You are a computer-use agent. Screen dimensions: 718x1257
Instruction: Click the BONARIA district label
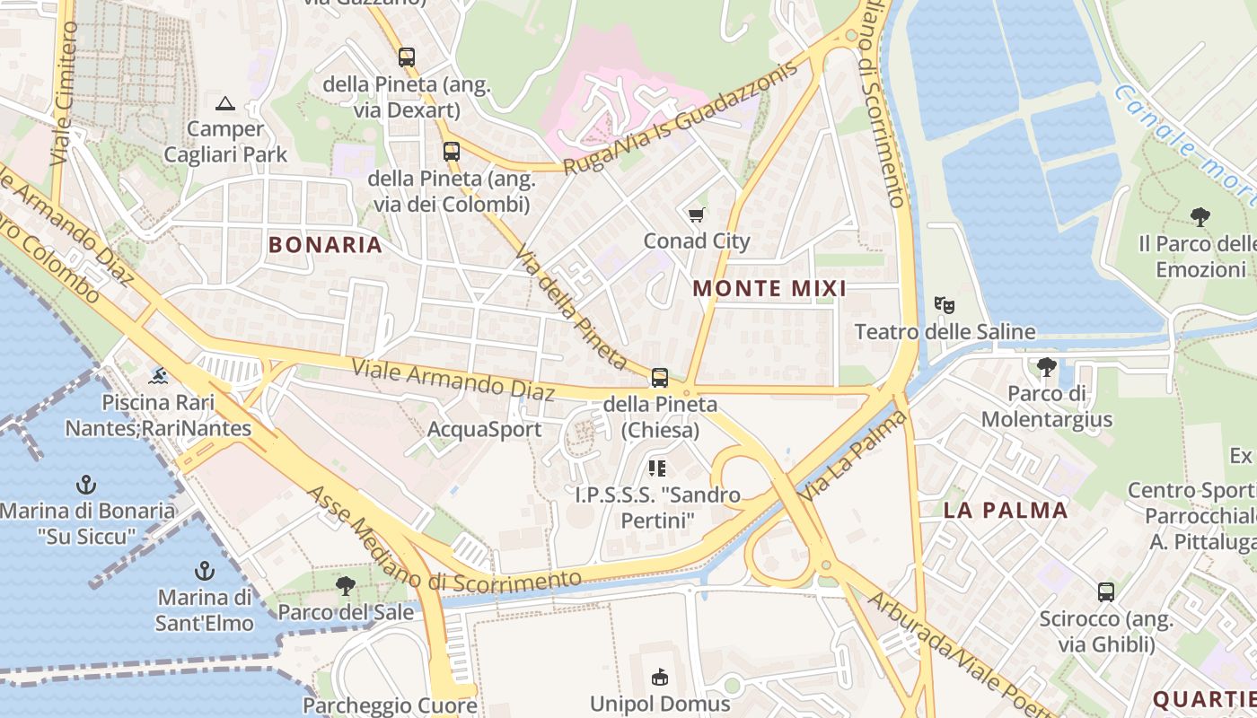[x=325, y=244]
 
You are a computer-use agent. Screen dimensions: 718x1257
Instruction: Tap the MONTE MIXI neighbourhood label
[x=769, y=288]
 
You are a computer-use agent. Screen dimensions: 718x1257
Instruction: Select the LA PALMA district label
[x=1006, y=511]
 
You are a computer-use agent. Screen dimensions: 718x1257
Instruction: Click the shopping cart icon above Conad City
[x=696, y=215]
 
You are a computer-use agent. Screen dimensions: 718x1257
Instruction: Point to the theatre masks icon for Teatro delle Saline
[x=944, y=305]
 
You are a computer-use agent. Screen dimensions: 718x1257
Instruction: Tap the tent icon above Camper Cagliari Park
[x=225, y=103]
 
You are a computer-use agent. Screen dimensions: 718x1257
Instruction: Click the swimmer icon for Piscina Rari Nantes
[x=158, y=374]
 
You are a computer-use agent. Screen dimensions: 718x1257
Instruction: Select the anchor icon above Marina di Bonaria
[x=86, y=486]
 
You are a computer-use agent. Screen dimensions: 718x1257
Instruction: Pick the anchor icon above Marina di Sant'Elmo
[x=205, y=571]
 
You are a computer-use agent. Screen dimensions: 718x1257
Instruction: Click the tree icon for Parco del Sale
[x=345, y=586]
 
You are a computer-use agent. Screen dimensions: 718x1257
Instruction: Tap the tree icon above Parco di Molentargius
[x=1046, y=366]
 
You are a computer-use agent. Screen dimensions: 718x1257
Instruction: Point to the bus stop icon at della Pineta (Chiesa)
[x=660, y=377]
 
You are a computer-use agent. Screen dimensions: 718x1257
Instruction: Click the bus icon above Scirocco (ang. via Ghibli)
[x=1106, y=592]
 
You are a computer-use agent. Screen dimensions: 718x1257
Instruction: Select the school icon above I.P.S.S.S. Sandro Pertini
[x=658, y=468]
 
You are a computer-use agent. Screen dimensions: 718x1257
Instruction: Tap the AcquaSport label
[x=484, y=429]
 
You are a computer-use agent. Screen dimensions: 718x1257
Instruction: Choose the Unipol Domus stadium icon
[x=660, y=676]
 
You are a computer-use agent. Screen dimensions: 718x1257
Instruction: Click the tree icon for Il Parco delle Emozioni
[x=1200, y=216]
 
